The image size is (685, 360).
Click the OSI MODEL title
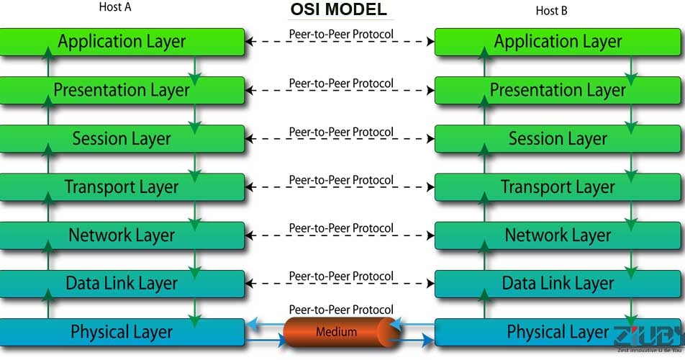(338, 9)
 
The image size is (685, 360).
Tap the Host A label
(115, 9)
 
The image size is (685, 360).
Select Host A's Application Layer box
(122, 42)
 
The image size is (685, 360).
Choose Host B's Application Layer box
(558, 42)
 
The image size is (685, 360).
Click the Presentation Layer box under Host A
(122, 90)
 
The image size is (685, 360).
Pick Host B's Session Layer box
(558, 138)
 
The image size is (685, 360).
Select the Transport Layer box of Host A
(122, 187)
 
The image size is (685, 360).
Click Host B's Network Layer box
(558, 235)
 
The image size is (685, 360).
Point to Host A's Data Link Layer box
(122, 283)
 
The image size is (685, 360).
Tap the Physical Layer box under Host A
(122, 332)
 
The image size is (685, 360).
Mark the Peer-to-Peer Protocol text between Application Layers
(341, 34)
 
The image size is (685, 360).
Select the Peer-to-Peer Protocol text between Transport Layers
(341, 180)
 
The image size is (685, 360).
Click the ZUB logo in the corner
(646, 338)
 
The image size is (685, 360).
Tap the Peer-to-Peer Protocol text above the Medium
(341, 309)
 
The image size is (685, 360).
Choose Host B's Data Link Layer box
(558, 283)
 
